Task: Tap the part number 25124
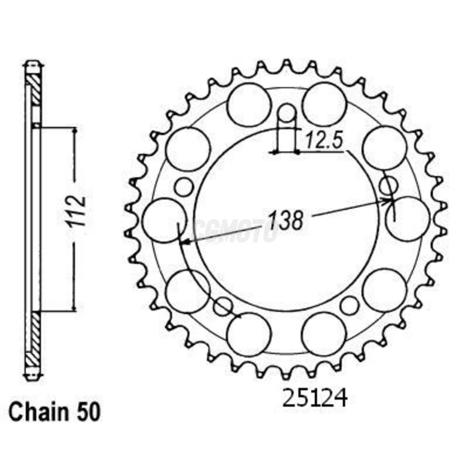coord(315,397)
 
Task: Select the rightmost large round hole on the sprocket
coord(407,219)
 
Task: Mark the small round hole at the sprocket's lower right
coord(350,305)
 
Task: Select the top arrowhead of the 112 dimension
coord(75,131)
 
